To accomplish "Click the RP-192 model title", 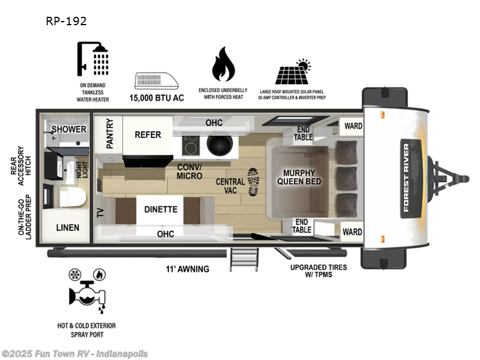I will pyautogui.click(x=66, y=21).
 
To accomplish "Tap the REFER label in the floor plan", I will pyautogui.click(x=148, y=134).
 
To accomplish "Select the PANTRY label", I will pyautogui.click(x=110, y=134).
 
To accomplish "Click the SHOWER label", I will pyautogui.click(x=68, y=129).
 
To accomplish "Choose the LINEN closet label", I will pyautogui.click(x=68, y=228).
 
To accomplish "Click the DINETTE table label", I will pyautogui.click(x=160, y=209).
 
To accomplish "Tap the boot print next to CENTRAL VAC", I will pyautogui.click(x=253, y=181).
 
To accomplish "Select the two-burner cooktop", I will pyautogui.click(x=191, y=143).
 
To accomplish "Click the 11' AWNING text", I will pyautogui.click(x=188, y=269).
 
